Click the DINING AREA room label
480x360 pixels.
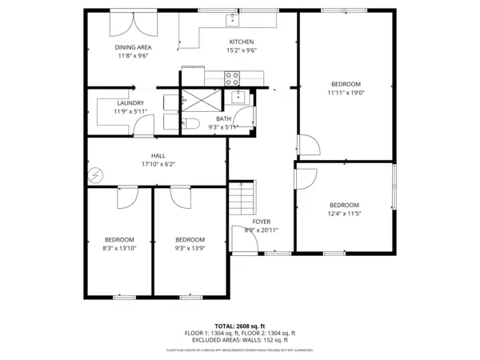tap(134, 47)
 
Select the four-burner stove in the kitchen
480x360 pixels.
tap(232, 78)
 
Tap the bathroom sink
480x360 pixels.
tap(238, 98)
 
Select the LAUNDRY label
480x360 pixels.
tap(130, 103)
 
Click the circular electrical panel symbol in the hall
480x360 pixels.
tap(96, 174)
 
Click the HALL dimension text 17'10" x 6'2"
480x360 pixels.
tap(158, 164)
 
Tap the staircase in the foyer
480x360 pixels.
tap(242, 196)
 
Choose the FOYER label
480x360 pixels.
tap(262, 221)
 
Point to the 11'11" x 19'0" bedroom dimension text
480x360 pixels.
tap(346, 93)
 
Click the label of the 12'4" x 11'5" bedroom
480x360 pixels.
tap(345, 205)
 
